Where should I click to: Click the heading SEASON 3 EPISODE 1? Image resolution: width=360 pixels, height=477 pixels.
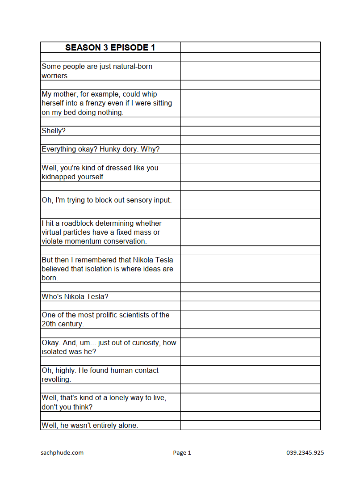(110, 47)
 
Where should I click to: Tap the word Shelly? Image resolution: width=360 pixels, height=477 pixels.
(54, 131)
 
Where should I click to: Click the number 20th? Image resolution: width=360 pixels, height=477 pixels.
(49, 324)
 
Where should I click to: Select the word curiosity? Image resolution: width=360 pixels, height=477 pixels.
(144, 342)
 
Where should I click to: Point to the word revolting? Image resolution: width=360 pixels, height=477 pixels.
(56, 380)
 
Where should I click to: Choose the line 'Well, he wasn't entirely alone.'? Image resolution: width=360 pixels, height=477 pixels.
(90, 426)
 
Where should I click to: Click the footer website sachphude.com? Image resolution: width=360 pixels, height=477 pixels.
(62, 452)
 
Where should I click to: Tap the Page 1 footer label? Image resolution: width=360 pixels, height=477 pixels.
(182, 452)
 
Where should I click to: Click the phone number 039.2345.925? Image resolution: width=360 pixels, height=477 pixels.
(305, 452)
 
